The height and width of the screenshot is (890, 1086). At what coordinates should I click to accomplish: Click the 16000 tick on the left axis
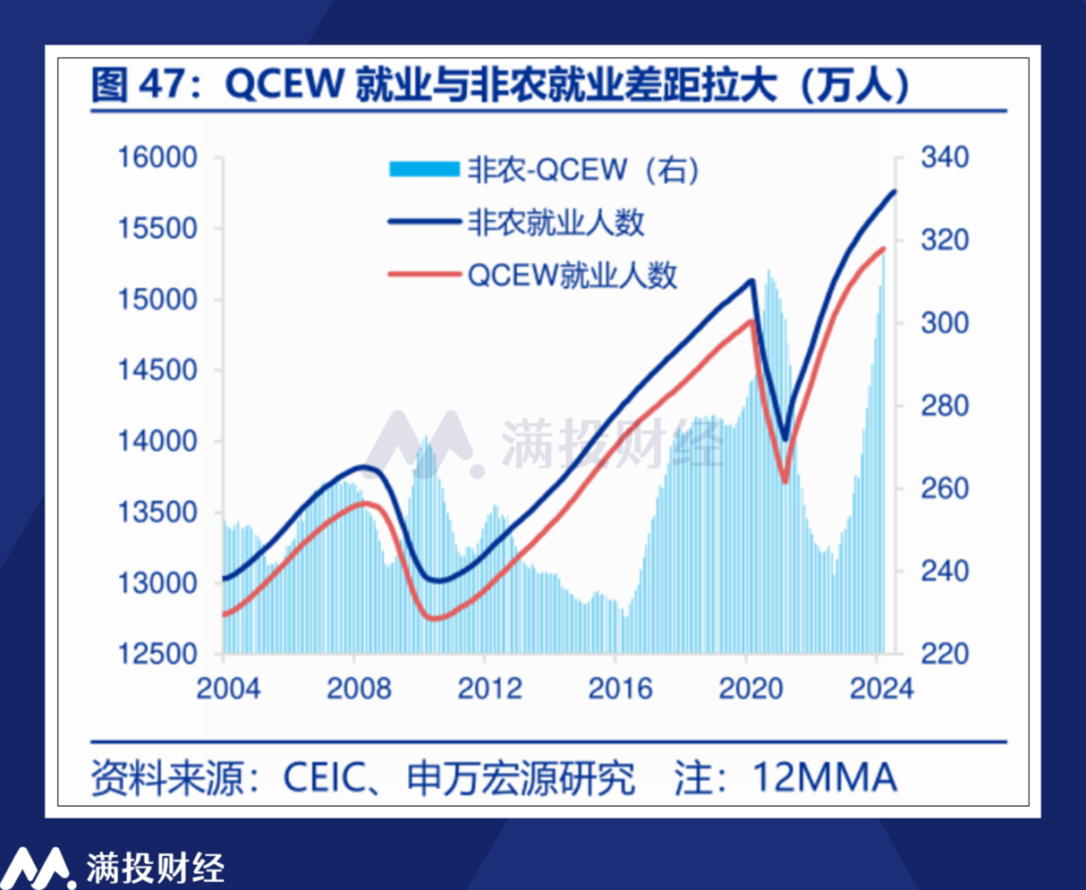pyautogui.click(x=157, y=158)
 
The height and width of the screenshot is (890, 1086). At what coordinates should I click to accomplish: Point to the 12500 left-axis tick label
pyautogui.click(x=157, y=654)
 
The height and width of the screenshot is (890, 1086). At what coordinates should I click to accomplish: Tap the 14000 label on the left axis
pyautogui.click(x=157, y=442)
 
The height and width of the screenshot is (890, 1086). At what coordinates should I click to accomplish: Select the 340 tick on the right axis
pyautogui.click(x=945, y=158)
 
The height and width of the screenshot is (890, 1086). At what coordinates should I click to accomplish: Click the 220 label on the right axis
pyautogui.click(x=945, y=654)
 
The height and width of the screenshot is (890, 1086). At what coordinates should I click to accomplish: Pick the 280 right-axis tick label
pyautogui.click(x=945, y=406)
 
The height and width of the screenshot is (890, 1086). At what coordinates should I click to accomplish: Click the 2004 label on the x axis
pyautogui.click(x=228, y=689)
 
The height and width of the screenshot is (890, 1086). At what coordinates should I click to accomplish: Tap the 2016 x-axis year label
pyautogui.click(x=620, y=689)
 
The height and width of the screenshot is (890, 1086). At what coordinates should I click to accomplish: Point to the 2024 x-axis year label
pyautogui.click(x=881, y=689)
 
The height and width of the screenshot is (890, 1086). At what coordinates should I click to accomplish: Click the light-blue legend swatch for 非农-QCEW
pyautogui.click(x=424, y=169)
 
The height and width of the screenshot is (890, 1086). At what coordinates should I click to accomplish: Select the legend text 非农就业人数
pyautogui.click(x=555, y=223)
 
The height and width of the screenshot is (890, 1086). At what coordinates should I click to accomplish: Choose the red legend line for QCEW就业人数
pyautogui.click(x=424, y=274)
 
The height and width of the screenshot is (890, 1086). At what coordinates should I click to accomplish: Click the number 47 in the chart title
pyautogui.click(x=164, y=85)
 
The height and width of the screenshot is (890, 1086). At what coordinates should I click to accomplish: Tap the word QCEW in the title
pyautogui.click(x=284, y=85)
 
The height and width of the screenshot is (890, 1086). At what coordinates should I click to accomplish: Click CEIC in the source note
pyautogui.click(x=324, y=777)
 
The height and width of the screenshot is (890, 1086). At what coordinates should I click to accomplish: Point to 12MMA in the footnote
pyautogui.click(x=824, y=777)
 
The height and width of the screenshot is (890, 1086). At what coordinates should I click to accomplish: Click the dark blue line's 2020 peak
pyautogui.click(x=751, y=281)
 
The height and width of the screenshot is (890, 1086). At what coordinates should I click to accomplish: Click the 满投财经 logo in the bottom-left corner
pyautogui.click(x=116, y=867)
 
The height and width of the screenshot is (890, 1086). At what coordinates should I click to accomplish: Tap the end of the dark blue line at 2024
pyautogui.click(x=894, y=192)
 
